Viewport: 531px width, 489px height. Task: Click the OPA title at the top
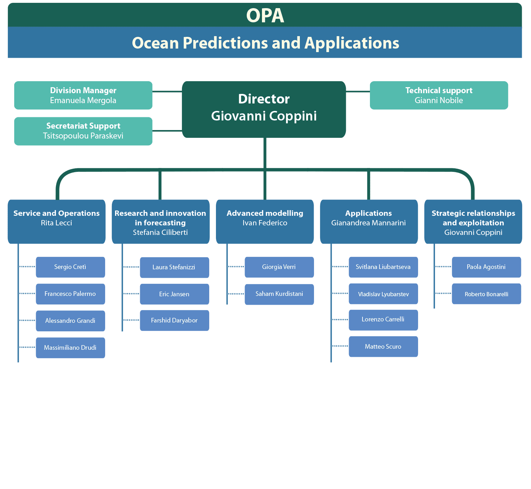coord(265,15)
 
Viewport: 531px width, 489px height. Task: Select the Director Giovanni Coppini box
coord(264,109)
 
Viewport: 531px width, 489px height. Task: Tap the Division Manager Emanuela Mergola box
coord(83,95)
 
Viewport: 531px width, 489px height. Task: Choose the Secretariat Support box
coord(83,131)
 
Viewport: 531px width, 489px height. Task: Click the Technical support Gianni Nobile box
coord(439,95)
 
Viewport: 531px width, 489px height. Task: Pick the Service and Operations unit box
coord(57,221)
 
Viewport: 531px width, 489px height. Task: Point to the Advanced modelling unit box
coord(265,221)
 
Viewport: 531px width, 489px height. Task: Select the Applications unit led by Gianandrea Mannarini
coord(369,221)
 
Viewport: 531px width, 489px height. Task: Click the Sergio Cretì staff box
coord(70,267)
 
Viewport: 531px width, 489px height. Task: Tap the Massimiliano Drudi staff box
coord(70,348)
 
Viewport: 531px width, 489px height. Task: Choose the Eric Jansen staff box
coord(175,294)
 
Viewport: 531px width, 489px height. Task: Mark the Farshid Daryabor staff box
coord(175,320)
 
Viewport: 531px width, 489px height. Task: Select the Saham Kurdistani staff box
coord(279,294)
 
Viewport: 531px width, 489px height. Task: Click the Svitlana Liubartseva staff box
coord(383,267)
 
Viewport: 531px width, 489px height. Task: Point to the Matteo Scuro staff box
coord(383,347)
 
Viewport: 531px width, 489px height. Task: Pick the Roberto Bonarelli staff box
coord(486,294)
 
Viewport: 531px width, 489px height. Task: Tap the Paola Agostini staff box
coord(486,267)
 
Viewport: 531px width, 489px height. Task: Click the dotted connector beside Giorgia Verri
coord(236,266)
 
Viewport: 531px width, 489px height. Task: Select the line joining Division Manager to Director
coord(167,91)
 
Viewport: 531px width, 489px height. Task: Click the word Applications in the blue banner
coord(352,43)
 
